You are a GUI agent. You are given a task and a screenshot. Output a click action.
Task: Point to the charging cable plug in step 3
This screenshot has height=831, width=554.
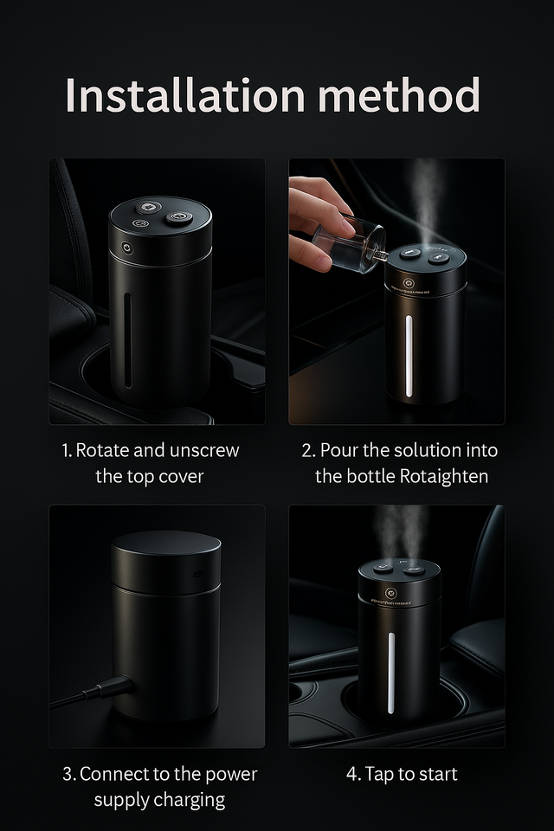point(113,688)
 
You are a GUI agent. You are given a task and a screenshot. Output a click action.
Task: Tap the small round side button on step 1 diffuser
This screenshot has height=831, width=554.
point(127,248)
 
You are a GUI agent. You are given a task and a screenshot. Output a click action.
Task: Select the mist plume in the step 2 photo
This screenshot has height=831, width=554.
point(426,199)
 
